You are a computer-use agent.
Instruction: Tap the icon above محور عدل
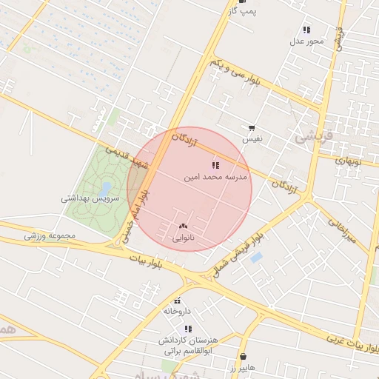click(x=306, y=30)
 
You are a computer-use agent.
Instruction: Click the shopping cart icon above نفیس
click(x=252, y=128)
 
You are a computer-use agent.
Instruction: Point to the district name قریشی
click(x=315, y=137)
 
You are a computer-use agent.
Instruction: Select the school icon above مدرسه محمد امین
click(x=215, y=165)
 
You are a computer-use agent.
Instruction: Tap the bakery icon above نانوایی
click(x=184, y=226)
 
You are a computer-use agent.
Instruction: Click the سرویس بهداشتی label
click(x=87, y=199)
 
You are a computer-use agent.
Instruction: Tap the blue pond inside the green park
click(x=105, y=188)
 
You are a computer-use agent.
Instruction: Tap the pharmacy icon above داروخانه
click(x=177, y=301)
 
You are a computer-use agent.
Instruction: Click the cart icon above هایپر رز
click(x=244, y=356)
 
